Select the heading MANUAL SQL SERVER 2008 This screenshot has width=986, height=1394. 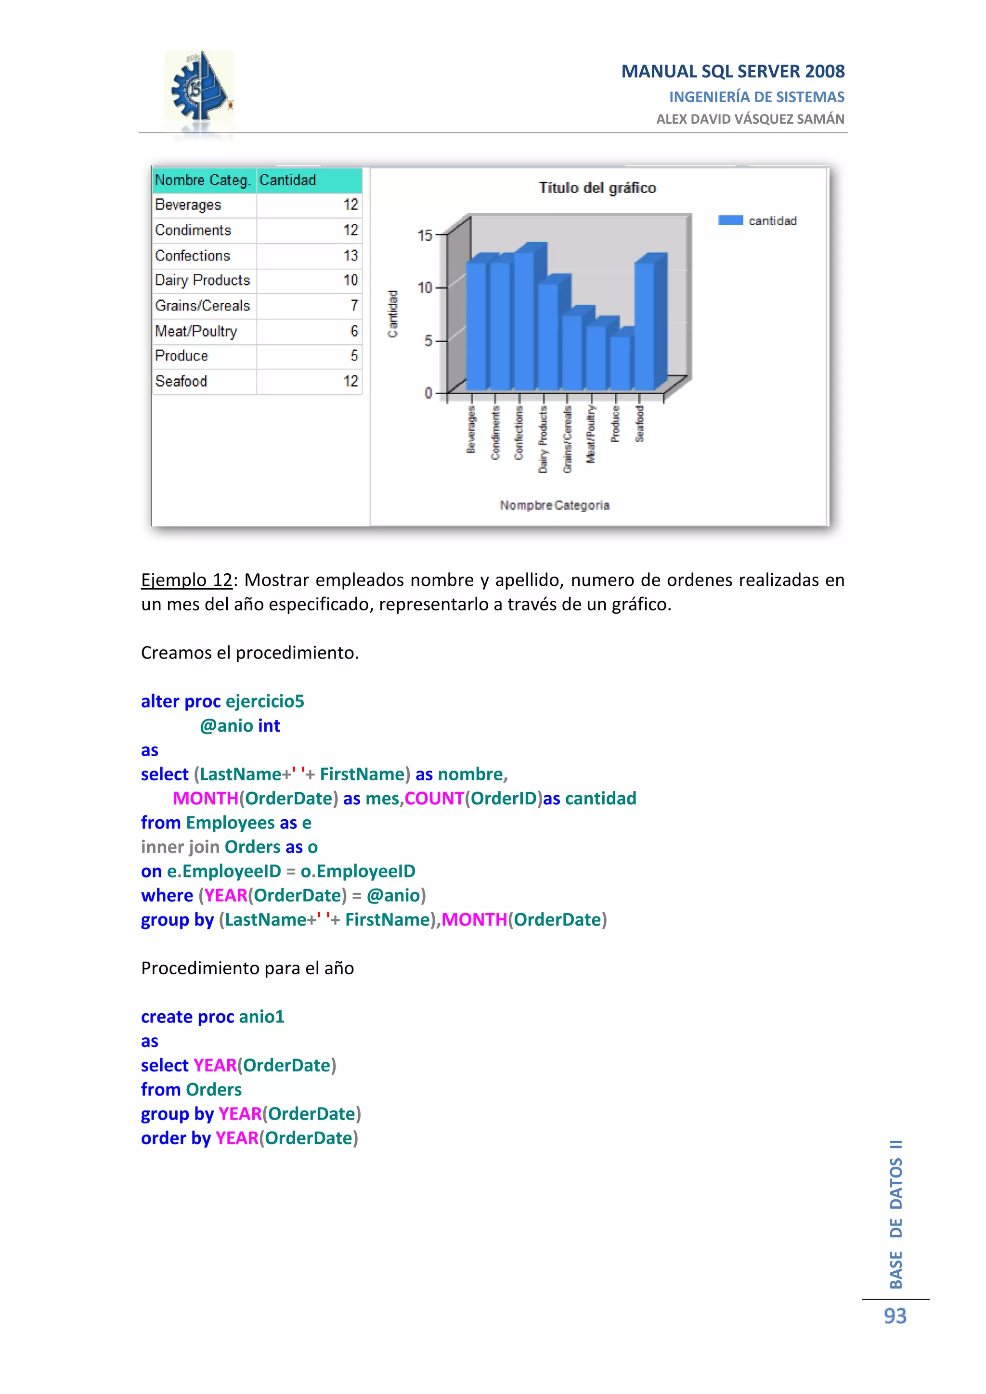pos(732,72)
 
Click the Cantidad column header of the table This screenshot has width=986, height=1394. pos(288,181)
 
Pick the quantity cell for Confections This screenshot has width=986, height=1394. pos(309,256)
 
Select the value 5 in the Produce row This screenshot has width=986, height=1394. pos(354,356)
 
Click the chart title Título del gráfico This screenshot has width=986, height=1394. pos(597,188)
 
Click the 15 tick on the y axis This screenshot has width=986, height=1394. pos(424,235)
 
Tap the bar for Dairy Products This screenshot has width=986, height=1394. pos(547,336)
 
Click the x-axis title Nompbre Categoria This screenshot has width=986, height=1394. pos(554,505)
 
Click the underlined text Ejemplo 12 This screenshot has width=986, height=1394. pos(187,581)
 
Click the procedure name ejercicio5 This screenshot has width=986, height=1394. pos(265,701)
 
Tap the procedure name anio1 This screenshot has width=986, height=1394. pos(262,1017)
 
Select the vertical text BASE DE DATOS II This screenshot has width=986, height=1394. pos(896,1214)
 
